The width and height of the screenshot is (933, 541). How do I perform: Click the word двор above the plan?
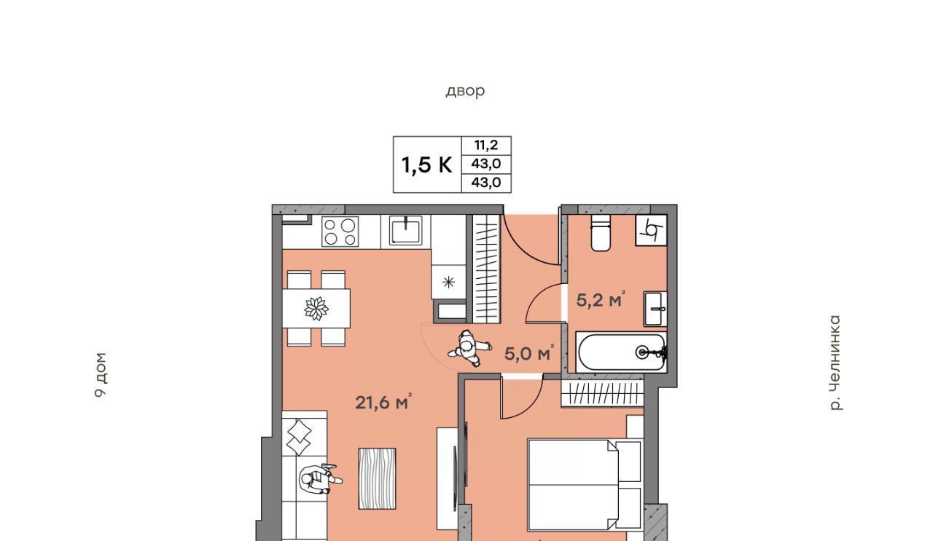pyautogui.click(x=465, y=91)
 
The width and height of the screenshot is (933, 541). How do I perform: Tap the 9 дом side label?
pyautogui.click(x=101, y=375)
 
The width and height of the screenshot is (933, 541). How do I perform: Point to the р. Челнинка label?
pyautogui.click(x=835, y=363)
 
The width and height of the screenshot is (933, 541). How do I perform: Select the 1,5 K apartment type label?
pyautogui.click(x=426, y=165)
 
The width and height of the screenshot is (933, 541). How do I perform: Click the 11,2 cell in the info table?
pyautogui.click(x=486, y=145)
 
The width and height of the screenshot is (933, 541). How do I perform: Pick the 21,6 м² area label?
pyautogui.click(x=383, y=403)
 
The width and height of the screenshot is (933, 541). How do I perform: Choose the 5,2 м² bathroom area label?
pyautogui.click(x=601, y=299)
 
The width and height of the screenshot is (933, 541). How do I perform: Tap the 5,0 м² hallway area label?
pyautogui.click(x=529, y=353)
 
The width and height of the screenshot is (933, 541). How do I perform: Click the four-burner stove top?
pyautogui.click(x=340, y=232)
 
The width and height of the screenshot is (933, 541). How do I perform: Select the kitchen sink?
pyautogui.click(x=405, y=230)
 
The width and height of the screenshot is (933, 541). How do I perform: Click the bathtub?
pyautogui.click(x=622, y=352)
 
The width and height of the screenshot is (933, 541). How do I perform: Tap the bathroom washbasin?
pyautogui.click(x=655, y=309)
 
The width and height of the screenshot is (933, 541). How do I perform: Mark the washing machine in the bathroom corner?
pyautogui.click(x=652, y=230)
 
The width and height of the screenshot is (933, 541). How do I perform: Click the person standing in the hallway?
pyautogui.click(x=470, y=348)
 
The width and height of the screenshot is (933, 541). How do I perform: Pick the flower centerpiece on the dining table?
pyautogui.click(x=316, y=309)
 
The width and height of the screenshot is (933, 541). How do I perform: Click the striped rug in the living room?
pyautogui.click(x=377, y=478)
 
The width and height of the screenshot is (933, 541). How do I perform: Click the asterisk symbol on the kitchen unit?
pyautogui.click(x=448, y=283)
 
